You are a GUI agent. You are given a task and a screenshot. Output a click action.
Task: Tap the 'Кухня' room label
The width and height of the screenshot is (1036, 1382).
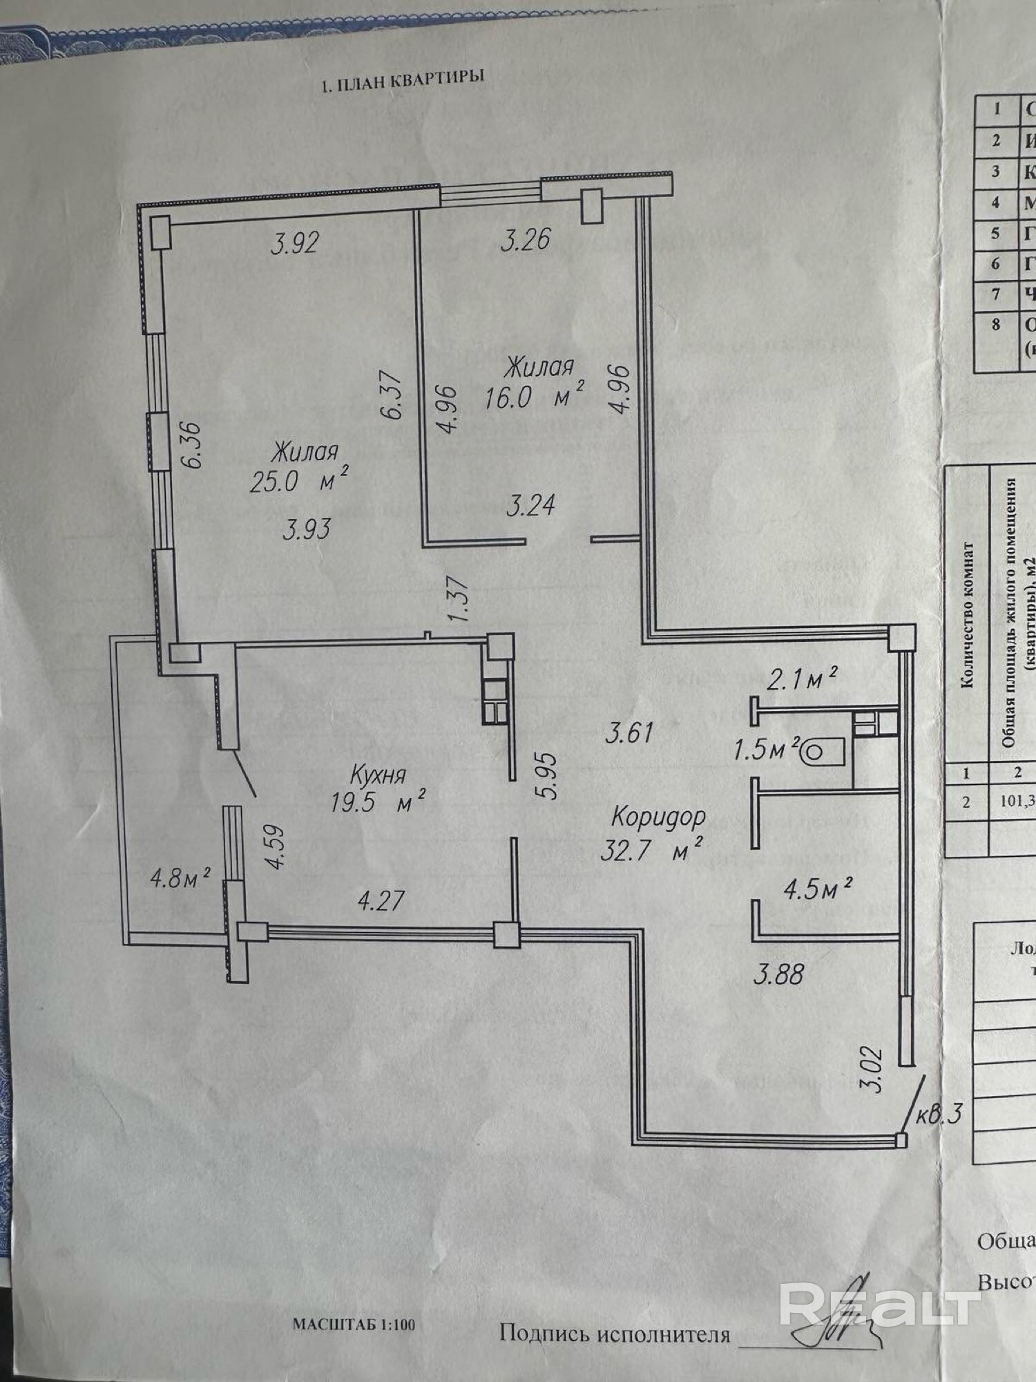coord(377,774)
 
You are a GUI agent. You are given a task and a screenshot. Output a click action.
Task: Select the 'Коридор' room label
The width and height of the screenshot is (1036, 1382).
coord(658,817)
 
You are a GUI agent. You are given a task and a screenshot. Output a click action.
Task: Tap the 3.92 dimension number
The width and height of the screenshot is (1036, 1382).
coord(295,243)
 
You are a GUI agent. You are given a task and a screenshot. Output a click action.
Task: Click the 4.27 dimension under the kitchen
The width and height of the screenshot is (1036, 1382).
coord(381,900)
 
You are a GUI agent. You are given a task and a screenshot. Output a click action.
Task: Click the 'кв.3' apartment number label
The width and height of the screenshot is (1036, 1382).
coord(939,1114)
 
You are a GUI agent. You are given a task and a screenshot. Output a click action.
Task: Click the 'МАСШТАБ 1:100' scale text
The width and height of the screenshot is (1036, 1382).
coord(354,1324)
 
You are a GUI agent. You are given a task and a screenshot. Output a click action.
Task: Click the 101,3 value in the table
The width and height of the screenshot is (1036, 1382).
coord(1017,802)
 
